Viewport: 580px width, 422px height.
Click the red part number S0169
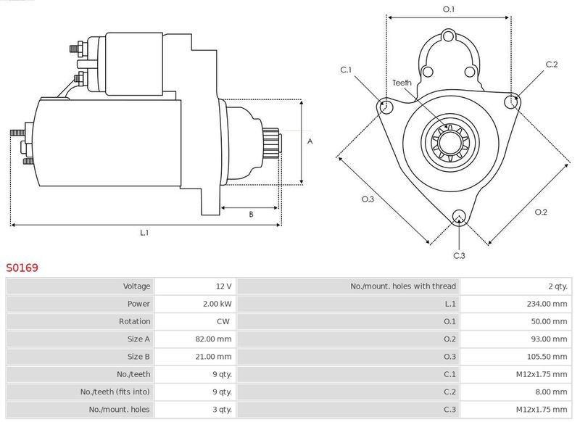pos(22,268)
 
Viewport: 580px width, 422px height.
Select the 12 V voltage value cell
pos(223,286)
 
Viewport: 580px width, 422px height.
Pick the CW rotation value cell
pos(225,321)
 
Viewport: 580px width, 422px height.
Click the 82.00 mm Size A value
pos(215,339)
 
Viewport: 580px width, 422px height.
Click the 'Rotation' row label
pos(135,321)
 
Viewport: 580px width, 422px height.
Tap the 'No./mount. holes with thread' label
pos(403,286)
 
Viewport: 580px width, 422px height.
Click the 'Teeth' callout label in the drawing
pos(402,83)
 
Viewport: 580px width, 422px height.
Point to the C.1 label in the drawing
pos(346,70)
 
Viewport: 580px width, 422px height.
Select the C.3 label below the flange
pos(459,255)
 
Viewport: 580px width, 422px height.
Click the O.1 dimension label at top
pos(448,9)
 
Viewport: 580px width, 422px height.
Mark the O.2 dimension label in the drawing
pos(541,212)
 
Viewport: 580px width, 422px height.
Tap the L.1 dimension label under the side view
pos(144,233)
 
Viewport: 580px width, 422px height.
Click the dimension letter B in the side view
pos(251,215)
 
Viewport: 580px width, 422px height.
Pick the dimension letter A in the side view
pos(310,141)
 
